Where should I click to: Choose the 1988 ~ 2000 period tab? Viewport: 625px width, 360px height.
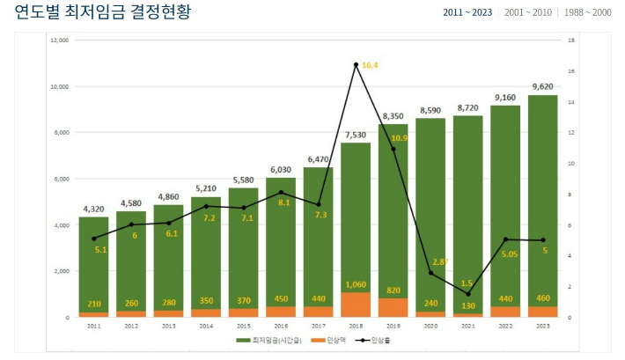(587, 12)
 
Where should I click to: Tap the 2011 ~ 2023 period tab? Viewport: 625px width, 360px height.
(467, 12)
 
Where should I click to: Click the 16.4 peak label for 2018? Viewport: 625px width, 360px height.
(370, 65)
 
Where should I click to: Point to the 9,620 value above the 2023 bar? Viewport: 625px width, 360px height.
(542, 86)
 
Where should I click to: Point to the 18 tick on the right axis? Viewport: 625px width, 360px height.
(571, 40)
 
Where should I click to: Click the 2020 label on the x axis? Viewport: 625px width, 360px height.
(430, 326)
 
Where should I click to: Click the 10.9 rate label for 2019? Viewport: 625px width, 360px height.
(399, 138)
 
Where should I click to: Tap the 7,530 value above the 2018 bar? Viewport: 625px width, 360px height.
(356, 135)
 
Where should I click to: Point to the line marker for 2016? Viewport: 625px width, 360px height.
(281, 193)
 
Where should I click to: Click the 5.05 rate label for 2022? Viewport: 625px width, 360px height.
(509, 254)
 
